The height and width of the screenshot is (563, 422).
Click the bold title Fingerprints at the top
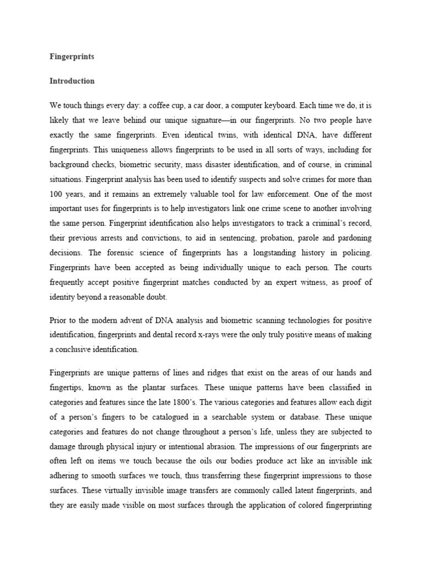point(71,56)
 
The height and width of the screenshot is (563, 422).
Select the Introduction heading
point(72,81)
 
